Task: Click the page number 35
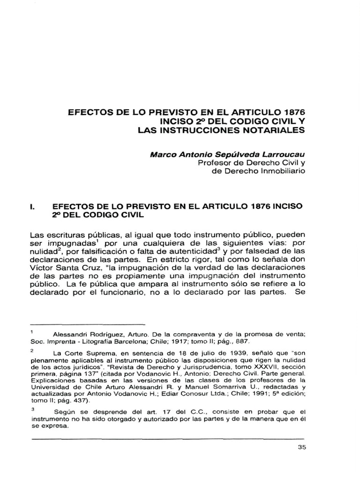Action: coord(301,447)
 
